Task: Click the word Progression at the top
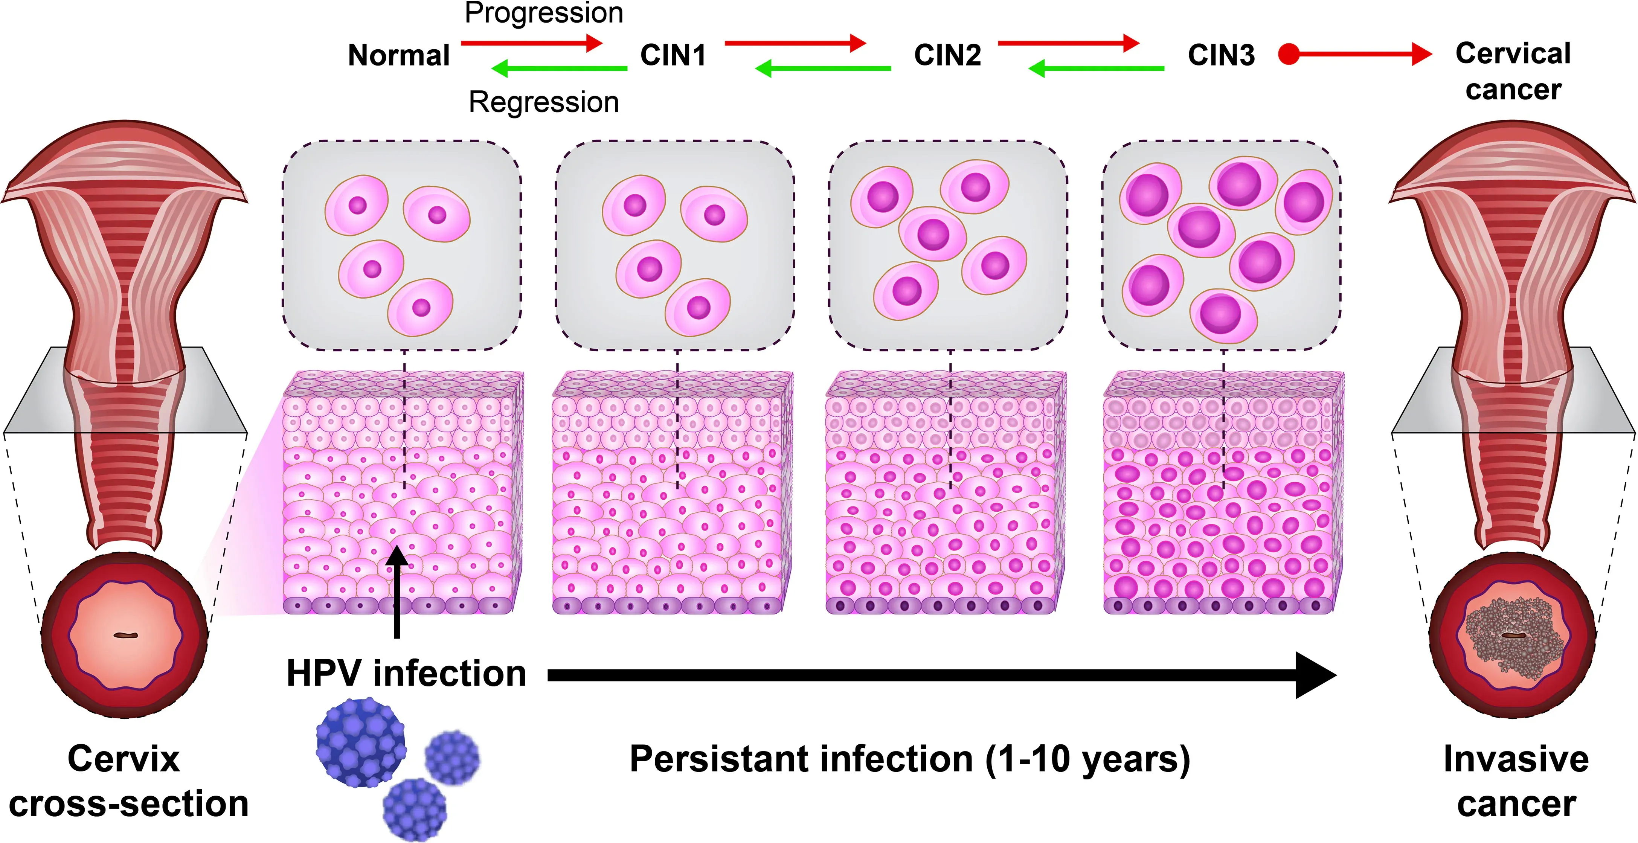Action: pyautogui.click(x=544, y=13)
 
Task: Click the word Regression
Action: pyautogui.click(x=544, y=102)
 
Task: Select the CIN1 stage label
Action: pyautogui.click(x=673, y=55)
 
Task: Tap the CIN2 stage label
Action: pyautogui.click(x=947, y=55)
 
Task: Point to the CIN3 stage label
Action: pyautogui.click(x=1221, y=55)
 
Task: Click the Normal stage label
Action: pyautogui.click(x=399, y=55)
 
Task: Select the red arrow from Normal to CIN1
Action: pyautogui.click(x=531, y=43)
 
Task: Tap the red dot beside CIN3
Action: pyautogui.click(x=1289, y=54)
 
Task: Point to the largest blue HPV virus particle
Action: pyautogui.click(x=360, y=742)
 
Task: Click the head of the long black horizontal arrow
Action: pyautogui.click(x=1316, y=675)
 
